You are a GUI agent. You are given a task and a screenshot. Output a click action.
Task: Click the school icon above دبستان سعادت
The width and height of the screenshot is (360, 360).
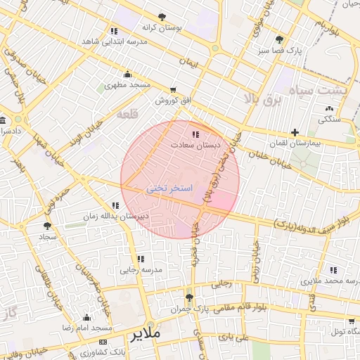195,134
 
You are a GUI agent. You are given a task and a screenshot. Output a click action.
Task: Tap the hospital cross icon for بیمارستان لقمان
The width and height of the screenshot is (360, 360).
295,132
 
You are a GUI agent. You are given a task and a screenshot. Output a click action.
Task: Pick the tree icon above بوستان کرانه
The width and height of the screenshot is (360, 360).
162,16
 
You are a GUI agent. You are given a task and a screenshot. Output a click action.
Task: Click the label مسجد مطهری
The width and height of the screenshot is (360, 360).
128,85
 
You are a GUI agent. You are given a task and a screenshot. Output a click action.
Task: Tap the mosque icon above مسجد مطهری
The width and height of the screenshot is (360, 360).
127,75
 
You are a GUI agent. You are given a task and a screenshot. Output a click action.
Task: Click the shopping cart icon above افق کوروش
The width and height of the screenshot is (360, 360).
173,91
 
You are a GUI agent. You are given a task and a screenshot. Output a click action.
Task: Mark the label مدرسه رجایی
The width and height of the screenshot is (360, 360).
141,269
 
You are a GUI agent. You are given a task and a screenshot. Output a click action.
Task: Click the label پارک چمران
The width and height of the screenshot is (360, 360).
191,309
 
